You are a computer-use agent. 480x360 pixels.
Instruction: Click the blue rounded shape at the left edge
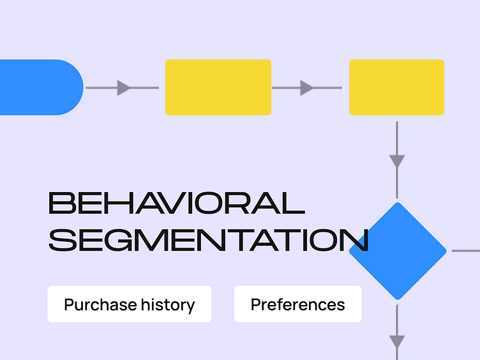[38, 87]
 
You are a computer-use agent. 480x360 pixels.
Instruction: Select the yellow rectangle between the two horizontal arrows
[218, 87]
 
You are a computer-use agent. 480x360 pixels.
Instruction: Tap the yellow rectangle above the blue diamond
[396, 87]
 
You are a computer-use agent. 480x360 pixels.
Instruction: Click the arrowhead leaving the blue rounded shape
[124, 87]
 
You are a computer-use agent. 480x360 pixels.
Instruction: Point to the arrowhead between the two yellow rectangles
[307, 87]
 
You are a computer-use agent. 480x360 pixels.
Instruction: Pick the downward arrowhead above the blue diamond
[397, 160]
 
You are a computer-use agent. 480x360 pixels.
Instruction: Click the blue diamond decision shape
[398, 251]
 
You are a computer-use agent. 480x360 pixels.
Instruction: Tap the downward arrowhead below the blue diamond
[397, 342]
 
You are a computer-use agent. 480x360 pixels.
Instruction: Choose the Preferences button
[297, 304]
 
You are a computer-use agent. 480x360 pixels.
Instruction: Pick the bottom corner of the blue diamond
[398, 297]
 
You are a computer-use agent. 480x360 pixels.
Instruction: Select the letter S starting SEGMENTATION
[61, 240]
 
